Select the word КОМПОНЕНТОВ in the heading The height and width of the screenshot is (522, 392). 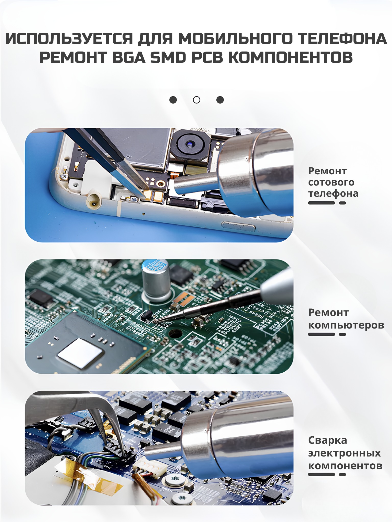pos(290,57)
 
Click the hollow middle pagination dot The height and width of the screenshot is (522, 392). pos(197,100)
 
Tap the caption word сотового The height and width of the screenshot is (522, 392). pos(331,182)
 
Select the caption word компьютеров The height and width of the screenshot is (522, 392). pos(346,325)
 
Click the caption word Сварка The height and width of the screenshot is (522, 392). pos(328,440)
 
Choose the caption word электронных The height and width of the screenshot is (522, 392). pos(345,453)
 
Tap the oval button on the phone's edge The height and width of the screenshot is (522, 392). pos(238,226)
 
